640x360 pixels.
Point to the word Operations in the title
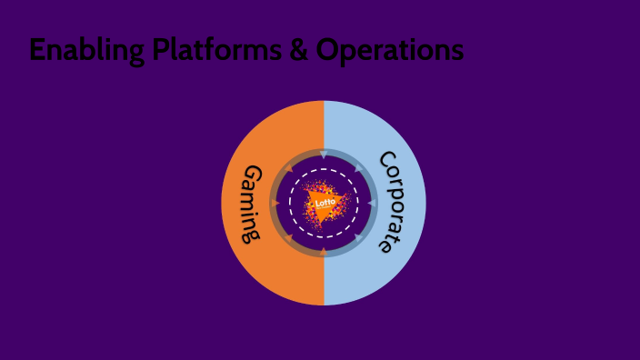(x=390, y=51)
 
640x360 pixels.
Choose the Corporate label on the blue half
(x=395, y=202)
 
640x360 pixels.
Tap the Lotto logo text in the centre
(x=325, y=203)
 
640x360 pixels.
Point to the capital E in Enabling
(x=37, y=50)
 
